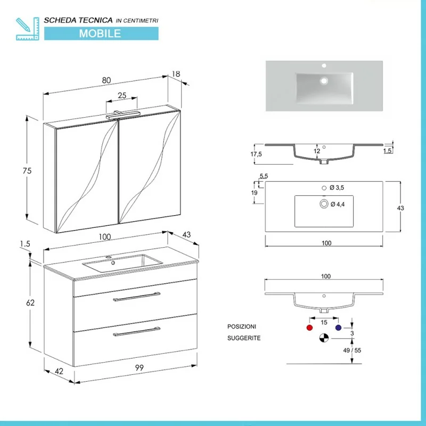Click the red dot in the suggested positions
(309, 327)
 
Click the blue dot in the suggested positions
(338, 327)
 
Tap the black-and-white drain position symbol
(324, 338)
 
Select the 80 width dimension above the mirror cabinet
(106, 80)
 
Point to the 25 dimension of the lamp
(122, 95)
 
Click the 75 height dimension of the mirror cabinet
(27, 170)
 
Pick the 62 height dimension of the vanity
(30, 302)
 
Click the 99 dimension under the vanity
(140, 367)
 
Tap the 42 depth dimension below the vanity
(59, 371)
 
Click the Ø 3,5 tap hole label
(337, 188)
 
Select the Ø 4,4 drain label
(338, 204)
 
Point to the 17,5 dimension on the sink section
(256, 154)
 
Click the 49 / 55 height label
(352, 350)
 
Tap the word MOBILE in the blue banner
(100, 34)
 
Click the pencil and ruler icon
(28, 29)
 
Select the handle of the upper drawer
(137, 297)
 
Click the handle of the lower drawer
(137, 331)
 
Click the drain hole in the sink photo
(324, 81)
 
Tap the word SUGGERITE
(244, 338)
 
